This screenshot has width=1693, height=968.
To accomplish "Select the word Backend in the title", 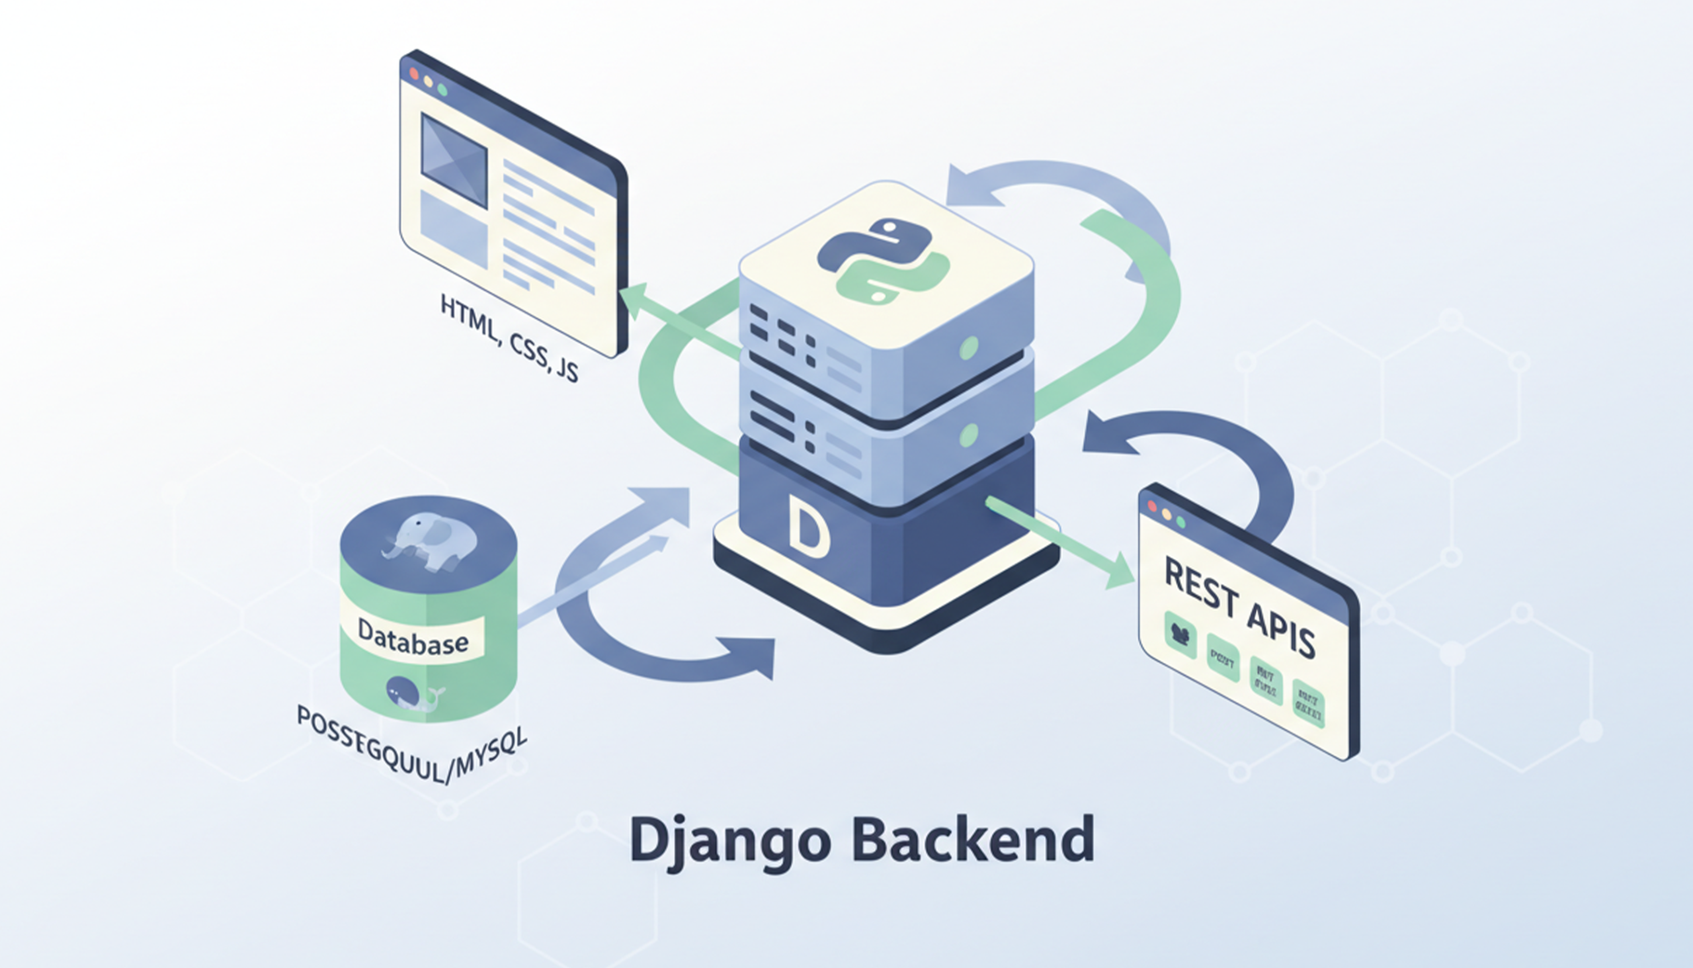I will pos(973,839).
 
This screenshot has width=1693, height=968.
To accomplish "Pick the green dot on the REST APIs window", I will pos(1180,522).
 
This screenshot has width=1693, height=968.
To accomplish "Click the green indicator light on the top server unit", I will pos(969,347).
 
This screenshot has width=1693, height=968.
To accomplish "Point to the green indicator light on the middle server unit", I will pos(969,435).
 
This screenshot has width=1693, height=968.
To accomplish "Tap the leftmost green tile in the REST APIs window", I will pos(1180,635).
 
